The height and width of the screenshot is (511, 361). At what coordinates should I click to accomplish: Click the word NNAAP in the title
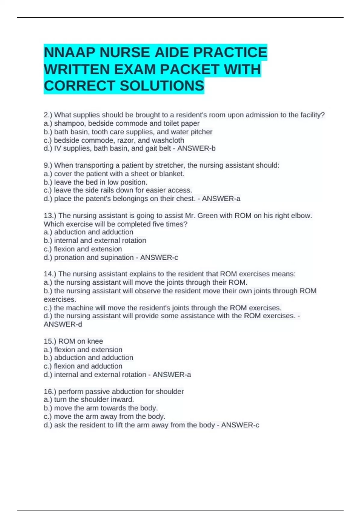[x=69, y=53]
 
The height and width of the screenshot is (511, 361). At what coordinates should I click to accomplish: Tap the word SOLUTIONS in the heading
[x=162, y=86]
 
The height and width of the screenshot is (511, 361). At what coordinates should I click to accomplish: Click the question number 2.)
[x=48, y=115]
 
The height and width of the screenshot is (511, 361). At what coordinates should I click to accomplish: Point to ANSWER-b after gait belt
[x=196, y=148]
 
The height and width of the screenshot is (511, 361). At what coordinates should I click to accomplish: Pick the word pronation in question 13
[x=69, y=258]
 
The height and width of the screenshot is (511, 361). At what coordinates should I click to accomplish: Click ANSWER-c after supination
[x=159, y=258]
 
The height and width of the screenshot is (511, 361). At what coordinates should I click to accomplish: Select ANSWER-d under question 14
[x=63, y=325]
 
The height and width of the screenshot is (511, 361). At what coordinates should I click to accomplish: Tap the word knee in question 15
[x=95, y=341]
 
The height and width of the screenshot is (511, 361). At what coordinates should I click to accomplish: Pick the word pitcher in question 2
[x=202, y=132]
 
